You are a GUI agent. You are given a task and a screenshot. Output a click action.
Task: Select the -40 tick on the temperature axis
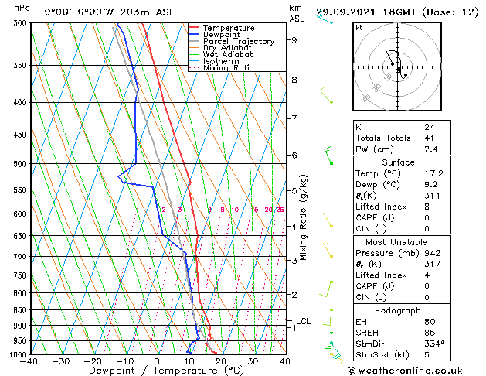tap(29, 361)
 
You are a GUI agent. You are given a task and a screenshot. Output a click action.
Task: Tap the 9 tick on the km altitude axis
tap(294, 40)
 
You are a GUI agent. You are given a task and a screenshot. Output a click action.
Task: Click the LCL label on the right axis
tap(304, 321)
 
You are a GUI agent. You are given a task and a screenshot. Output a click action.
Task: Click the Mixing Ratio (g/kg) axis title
tap(304, 217)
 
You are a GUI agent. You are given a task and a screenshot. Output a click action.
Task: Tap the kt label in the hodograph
tap(359, 27)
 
